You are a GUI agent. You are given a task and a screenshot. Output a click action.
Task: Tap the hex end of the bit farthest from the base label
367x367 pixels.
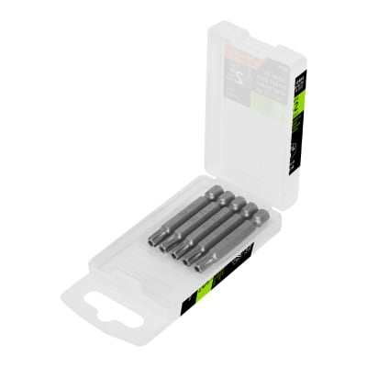coord(216,192)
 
